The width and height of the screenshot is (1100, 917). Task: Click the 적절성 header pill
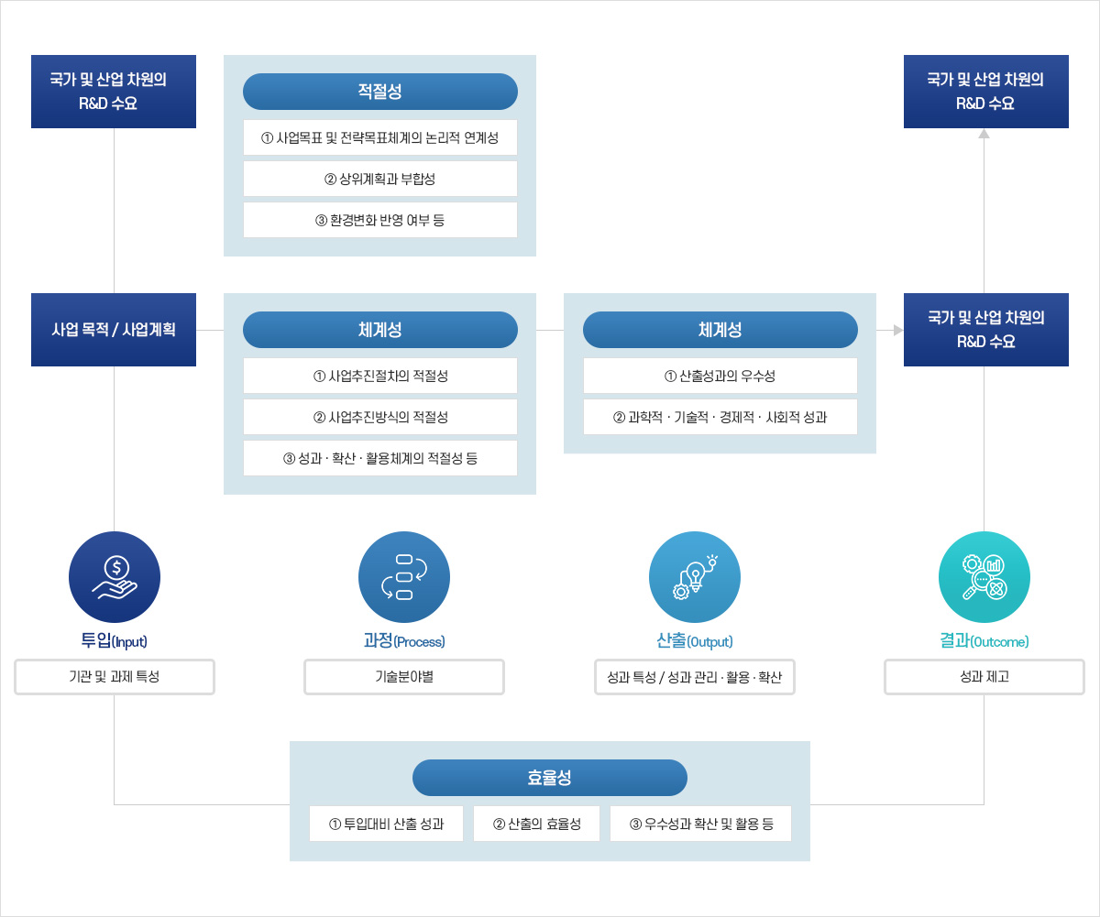click(379, 92)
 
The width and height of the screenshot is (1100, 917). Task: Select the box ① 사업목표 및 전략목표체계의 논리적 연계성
click(379, 137)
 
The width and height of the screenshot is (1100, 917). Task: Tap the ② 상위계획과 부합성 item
click(379, 179)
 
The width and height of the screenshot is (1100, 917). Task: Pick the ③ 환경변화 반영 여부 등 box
click(379, 220)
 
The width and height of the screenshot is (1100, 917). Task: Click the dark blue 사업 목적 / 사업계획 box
click(114, 330)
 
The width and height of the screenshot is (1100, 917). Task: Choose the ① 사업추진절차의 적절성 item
click(379, 376)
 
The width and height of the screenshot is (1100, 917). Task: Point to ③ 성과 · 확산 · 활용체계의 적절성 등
click(379, 458)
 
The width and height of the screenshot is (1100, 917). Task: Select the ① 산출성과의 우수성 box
click(720, 376)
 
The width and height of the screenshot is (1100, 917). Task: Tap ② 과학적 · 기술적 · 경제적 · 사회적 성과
click(720, 417)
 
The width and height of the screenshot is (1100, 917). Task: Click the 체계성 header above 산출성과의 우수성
click(720, 330)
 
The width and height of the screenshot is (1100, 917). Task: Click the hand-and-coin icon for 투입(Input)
click(115, 577)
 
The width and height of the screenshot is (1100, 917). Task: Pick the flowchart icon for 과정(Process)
click(404, 577)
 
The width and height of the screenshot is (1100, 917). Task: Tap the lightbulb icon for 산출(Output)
click(695, 577)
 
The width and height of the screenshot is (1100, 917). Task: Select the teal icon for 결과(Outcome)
click(984, 577)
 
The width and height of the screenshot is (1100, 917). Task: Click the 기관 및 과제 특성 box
click(115, 677)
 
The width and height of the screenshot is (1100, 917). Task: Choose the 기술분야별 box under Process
click(404, 677)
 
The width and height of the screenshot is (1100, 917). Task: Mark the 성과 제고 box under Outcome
click(984, 677)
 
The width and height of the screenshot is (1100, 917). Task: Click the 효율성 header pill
click(550, 778)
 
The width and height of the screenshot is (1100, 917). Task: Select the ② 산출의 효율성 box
click(536, 824)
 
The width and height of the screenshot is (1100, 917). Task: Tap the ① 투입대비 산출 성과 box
click(386, 824)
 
